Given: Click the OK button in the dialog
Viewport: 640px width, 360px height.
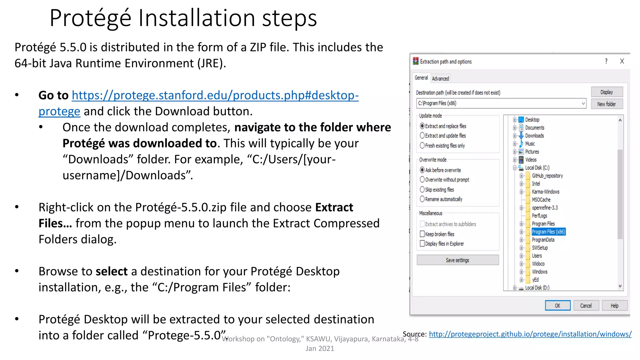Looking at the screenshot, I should tap(557, 305).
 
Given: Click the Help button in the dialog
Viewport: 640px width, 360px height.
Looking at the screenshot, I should tap(614, 305).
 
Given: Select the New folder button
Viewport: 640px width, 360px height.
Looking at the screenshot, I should tap(607, 104).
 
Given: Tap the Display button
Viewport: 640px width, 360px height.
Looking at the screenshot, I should tap(607, 92).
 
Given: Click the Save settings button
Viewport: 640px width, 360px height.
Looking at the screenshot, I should tap(457, 260).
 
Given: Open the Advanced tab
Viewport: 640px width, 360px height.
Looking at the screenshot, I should tap(440, 78).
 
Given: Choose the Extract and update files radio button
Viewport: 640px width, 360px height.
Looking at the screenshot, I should tap(422, 136).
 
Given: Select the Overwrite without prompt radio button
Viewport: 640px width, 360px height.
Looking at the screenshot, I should tap(422, 180).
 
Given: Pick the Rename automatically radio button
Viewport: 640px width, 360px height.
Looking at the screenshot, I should tap(422, 199).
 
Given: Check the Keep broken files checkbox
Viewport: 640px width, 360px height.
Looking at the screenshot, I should tap(422, 234).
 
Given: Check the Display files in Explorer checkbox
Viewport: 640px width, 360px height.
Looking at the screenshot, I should tap(422, 243).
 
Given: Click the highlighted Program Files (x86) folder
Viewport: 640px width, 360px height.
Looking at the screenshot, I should tap(548, 232).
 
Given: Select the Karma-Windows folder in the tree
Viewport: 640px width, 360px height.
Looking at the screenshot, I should tap(545, 192).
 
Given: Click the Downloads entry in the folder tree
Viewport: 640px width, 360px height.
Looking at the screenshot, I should tap(534, 136).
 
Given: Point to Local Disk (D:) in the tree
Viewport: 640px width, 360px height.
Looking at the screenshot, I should tap(537, 287).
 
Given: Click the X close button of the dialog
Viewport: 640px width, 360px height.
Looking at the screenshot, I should tap(622, 61).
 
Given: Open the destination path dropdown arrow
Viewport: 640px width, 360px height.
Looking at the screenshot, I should tap(583, 103).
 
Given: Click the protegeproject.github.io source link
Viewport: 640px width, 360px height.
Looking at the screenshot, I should tap(530, 334).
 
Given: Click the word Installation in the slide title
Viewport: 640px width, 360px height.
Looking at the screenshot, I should tap(197, 18).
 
